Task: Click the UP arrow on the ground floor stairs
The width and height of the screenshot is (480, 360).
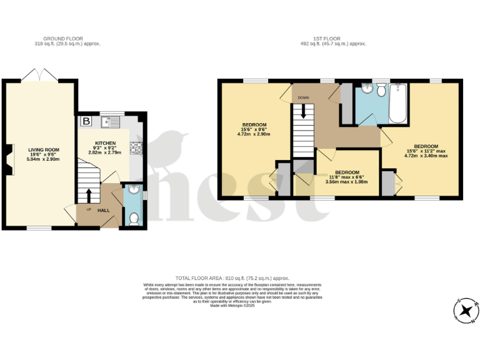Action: (x=89, y=195)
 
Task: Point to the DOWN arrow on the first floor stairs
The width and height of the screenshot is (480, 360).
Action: (x=304, y=111)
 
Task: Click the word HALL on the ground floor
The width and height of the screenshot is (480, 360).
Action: (x=103, y=210)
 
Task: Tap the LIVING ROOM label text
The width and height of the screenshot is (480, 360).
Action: (x=43, y=149)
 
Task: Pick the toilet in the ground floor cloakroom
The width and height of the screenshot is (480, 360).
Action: (x=133, y=219)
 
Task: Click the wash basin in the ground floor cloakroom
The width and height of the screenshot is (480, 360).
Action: (x=133, y=191)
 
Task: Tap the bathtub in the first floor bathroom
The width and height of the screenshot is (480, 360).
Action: (x=398, y=104)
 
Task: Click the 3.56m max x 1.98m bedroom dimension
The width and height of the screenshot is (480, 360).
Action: (x=347, y=182)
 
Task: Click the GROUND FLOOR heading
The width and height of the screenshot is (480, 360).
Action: (x=67, y=39)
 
